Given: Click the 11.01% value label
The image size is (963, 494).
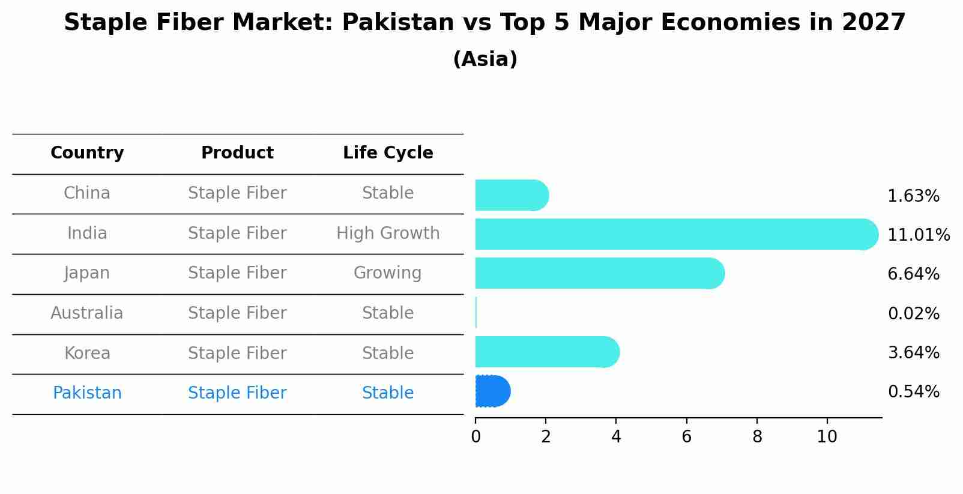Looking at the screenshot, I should (918, 235).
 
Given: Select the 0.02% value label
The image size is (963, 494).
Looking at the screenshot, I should (913, 313).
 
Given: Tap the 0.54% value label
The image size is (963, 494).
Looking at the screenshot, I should (913, 392).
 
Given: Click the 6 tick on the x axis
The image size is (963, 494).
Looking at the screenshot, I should (686, 436).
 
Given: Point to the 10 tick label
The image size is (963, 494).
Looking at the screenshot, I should (827, 436).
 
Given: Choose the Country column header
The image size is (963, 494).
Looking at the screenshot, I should (87, 153).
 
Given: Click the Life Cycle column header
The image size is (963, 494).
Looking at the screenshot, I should (388, 153).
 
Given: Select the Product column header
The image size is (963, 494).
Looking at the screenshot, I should (237, 153).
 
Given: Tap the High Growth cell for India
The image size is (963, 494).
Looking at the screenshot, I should (388, 233).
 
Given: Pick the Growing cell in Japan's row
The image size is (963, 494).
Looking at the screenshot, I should (388, 273).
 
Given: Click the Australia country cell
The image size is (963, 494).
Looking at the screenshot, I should (87, 313).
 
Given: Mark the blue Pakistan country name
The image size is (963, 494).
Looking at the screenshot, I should (87, 393).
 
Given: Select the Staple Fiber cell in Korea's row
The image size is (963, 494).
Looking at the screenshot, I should (237, 353).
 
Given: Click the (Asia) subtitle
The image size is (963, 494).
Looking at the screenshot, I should (485, 59).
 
